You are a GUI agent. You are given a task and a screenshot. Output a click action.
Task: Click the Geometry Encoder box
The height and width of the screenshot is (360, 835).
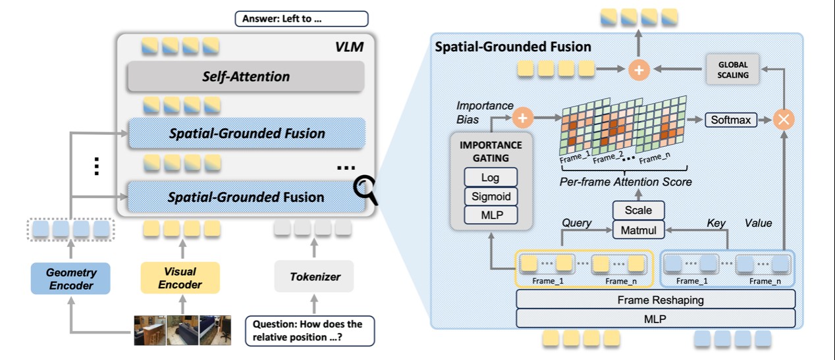point(70,278)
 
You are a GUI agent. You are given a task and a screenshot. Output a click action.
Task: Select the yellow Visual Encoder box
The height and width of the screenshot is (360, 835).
point(180,278)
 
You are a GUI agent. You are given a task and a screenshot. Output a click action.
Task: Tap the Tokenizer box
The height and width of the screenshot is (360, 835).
point(314,277)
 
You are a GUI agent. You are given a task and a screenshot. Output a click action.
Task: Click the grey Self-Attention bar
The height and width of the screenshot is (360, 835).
point(246,76)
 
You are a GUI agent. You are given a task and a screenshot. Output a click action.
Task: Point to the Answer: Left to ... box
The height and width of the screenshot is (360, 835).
point(301,18)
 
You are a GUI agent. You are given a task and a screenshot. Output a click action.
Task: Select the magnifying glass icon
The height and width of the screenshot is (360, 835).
point(365,190)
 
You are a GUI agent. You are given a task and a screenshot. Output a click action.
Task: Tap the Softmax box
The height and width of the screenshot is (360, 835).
point(730,120)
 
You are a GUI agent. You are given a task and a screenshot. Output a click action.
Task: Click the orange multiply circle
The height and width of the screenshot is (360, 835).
point(784,119)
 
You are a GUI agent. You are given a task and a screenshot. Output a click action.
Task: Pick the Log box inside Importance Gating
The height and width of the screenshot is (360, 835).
point(491,178)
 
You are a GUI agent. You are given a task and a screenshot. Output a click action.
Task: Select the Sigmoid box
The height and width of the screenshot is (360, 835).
point(491,196)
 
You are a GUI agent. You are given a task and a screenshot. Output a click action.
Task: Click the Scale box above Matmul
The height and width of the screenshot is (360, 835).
point(638,211)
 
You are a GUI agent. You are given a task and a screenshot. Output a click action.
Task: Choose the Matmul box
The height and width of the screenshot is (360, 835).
point(638,230)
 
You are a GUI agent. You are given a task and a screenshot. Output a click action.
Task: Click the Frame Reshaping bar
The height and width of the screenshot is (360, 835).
point(655,299)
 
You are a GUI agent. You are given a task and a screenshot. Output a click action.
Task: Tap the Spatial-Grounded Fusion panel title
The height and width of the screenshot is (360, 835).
point(513,47)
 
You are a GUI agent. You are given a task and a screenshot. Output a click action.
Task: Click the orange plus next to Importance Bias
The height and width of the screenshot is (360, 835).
point(522,118)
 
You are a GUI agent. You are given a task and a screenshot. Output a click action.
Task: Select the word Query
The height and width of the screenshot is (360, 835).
point(576,224)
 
